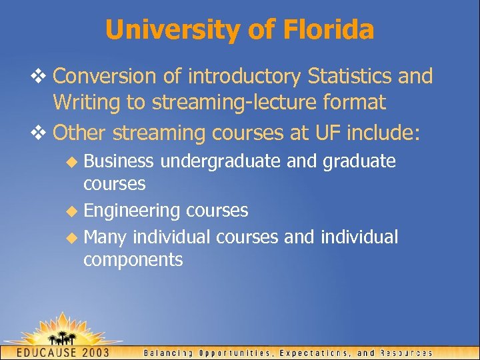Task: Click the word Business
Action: pyautogui.click(x=119, y=161)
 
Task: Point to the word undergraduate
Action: pyautogui.click(x=221, y=162)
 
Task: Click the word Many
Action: pyautogui.click(x=106, y=237)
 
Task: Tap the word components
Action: pyautogui.click(x=133, y=260)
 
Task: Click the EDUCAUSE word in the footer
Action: pyautogui.click(x=47, y=352)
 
